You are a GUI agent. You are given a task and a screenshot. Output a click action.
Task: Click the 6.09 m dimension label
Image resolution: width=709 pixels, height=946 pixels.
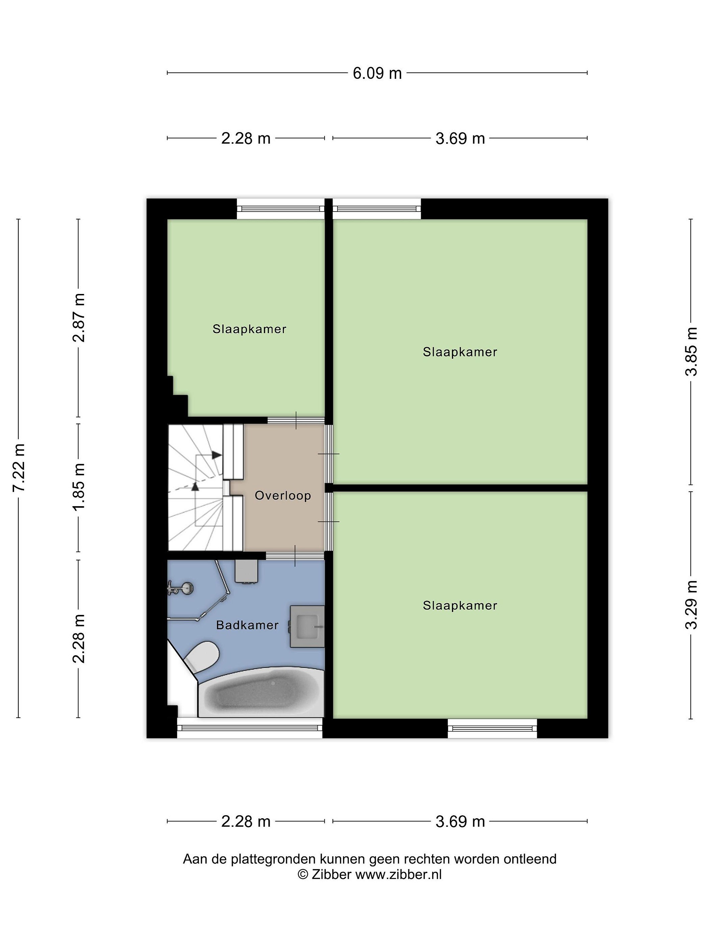(377, 73)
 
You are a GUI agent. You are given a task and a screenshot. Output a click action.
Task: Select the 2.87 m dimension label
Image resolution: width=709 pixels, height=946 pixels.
(79, 318)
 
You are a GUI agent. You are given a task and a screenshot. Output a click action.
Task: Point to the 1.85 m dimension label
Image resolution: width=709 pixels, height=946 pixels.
(79, 487)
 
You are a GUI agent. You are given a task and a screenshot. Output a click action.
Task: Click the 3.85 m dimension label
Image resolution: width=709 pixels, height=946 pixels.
(691, 351)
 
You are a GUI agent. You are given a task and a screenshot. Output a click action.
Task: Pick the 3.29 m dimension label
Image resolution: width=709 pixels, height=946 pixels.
(691, 605)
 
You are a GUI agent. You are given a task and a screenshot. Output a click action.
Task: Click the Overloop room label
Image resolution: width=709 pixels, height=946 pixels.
(283, 496)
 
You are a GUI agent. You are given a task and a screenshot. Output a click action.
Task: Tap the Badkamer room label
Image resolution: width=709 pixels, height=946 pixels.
(247, 625)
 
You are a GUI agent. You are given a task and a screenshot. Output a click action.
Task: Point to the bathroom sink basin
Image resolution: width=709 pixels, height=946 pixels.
(307, 626)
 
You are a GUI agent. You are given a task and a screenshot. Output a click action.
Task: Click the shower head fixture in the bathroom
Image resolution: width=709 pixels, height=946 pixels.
(181, 589)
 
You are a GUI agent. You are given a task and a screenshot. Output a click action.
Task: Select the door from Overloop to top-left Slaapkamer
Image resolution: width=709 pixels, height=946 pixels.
(296, 420)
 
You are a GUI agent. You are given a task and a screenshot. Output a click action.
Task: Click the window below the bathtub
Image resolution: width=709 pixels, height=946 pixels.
(249, 728)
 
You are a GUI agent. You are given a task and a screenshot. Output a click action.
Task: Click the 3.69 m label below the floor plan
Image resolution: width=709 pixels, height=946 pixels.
(460, 821)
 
